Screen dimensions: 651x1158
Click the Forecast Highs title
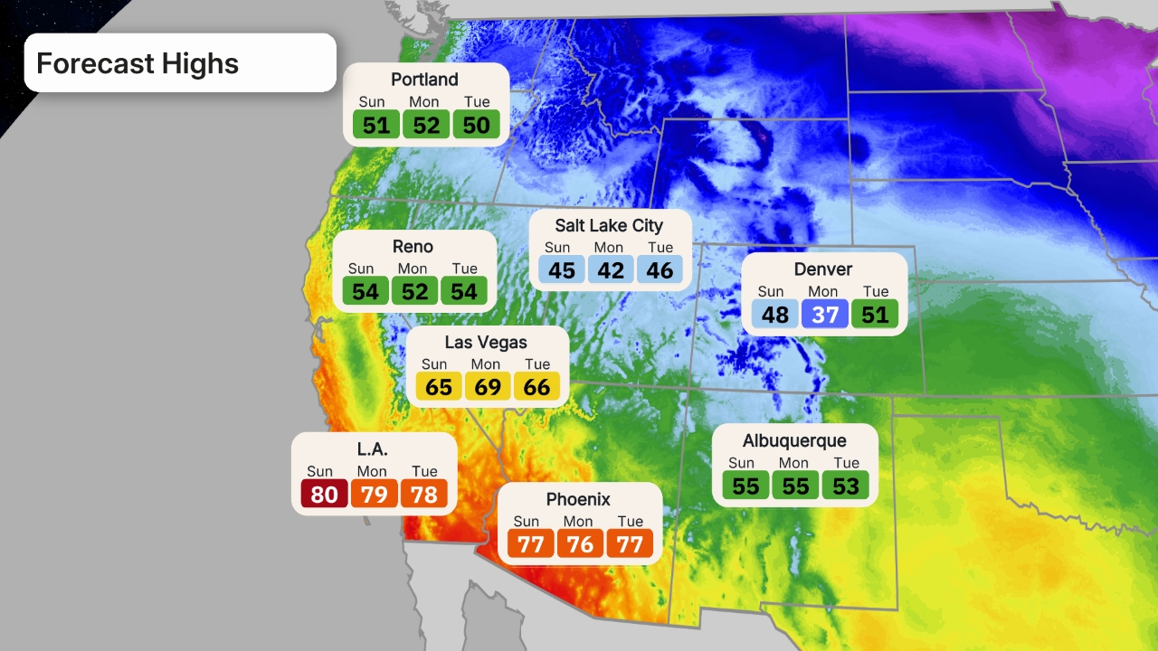tap(138, 63)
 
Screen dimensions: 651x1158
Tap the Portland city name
tap(424, 80)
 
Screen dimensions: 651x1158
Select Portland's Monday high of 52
tap(426, 125)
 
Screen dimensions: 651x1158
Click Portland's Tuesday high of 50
tap(476, 125)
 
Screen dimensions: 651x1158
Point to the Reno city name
tap(413, 247)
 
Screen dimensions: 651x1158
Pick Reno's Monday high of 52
tap(414, 291)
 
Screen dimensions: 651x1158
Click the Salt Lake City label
tap(609, 226)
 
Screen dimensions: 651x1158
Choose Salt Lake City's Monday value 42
tap(611, 269)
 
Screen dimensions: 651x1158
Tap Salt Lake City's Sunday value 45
tap(562, 269)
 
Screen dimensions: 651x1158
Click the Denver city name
tap(823, 269)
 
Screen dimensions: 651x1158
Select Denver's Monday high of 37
tap(825, 314)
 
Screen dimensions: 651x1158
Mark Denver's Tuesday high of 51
tap(875, 314)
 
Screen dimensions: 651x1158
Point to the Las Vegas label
tap(486, 343)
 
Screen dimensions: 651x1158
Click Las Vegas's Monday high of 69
tap(488, 387)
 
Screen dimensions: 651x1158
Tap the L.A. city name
tap(373, 449)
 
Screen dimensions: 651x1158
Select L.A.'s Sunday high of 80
tap(324, 494)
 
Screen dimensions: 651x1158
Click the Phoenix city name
tap(578, 500)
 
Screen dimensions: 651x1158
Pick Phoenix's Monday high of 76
tap(580, 544)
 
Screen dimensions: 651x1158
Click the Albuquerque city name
tap(794, 441)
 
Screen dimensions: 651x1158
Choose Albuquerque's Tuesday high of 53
tap(845, 486)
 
